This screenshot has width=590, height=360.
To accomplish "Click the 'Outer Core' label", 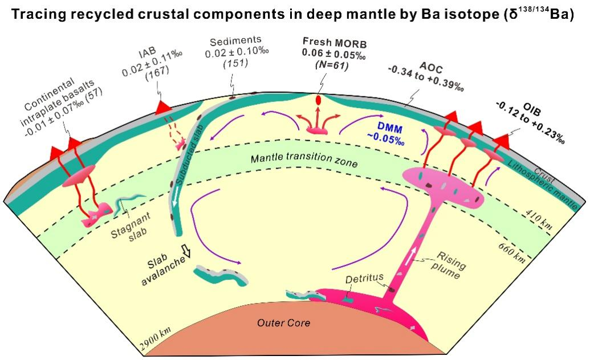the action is (x=283, y=323).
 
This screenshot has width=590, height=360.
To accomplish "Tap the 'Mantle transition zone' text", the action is (x=304, y=158).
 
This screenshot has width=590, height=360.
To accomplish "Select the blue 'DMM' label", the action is (x=389, y=130).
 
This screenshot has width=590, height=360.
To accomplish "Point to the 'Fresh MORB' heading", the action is (x=335, y=42).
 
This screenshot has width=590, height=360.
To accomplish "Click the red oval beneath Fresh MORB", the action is (x=318, y=100).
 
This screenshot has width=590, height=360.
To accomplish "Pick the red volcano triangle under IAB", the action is (x=163, y=108).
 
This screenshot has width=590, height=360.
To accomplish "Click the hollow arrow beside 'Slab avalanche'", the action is (x=185, y=251).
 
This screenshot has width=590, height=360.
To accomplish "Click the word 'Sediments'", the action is (x=235, y=41).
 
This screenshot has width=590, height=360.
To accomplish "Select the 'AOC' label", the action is (x=431, y=68).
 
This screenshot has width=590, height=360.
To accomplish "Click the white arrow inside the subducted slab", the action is (x=176, y=199).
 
